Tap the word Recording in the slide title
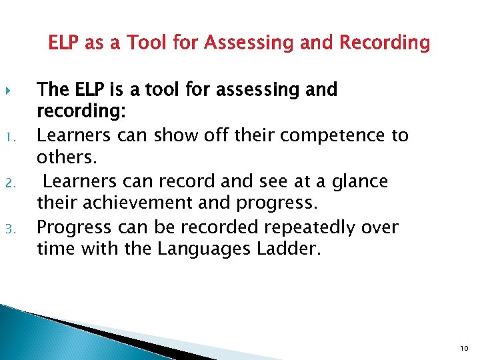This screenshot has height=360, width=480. click(x=385, y=44)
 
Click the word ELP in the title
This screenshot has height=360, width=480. click(x=65, y=44)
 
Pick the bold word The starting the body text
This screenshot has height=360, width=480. click(x=53, y=89)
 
